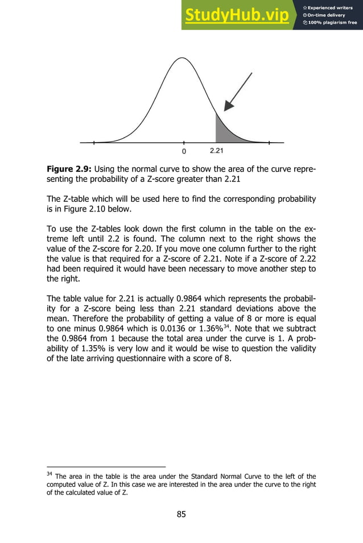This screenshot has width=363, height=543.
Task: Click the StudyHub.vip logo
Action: (x=236, y=15)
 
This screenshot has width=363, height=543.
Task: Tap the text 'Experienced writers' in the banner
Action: (x=333, y=7)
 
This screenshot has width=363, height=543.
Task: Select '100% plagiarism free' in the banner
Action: (x=333, y=23)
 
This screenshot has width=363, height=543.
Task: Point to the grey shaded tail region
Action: (x=224, y=131)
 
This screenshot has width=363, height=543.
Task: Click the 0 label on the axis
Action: (x=184, y=152)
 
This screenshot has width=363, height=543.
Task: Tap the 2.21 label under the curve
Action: (x=217, y=151)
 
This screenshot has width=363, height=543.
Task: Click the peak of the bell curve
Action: (x=181, y=57)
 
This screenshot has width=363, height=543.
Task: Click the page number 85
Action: (x=181, y=515)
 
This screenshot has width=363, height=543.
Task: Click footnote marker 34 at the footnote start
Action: (x=49, y=472)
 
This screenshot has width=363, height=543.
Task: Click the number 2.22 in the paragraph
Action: (x=286, y=258)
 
